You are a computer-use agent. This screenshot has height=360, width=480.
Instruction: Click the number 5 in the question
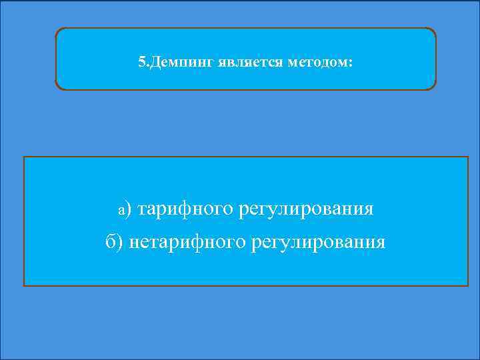coord(141,63)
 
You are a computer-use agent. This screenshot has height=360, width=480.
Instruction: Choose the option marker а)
coord(126,209)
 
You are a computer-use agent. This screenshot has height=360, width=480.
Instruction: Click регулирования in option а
coord(306,209)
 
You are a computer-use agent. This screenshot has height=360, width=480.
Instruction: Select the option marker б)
coord(114,241)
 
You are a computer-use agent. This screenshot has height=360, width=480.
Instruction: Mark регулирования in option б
coord(318,241)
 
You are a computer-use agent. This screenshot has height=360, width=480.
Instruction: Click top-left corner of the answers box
coord(24,157)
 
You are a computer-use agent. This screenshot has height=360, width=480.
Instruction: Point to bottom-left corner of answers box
coord(24,285)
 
